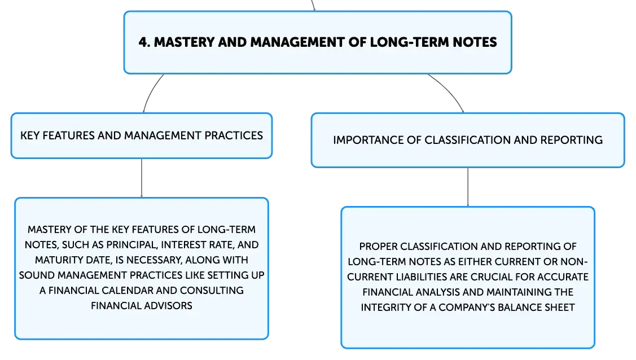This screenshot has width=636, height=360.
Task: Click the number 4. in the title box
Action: tap(144, 42)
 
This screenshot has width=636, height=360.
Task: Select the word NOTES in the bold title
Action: tap(475, 42)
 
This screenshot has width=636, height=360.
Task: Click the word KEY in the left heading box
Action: tap(29, 135)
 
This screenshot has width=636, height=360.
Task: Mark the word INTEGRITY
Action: tap(386, 308)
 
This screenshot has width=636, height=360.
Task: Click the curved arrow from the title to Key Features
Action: tap(151, 91)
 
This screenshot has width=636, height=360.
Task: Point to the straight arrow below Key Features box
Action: tap(142, 178)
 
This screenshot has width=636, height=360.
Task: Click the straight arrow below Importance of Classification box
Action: tap(468, 187)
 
